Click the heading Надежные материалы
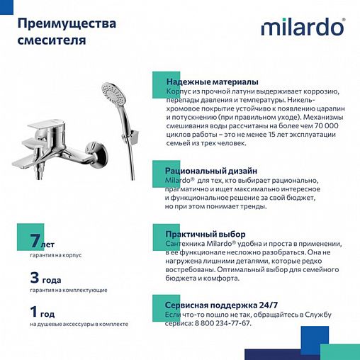point(211,82)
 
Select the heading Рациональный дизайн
point(206,171)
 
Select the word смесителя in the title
point(51,40)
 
